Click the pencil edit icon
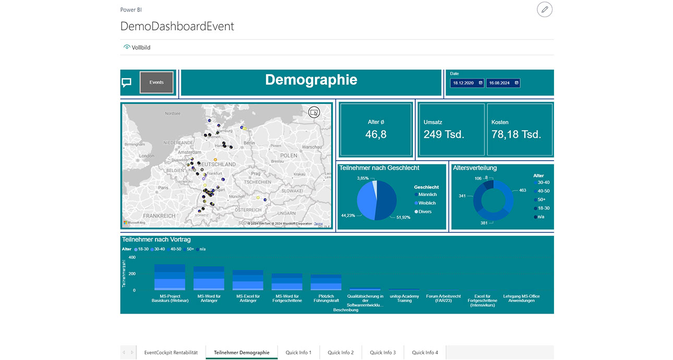pyautogui.click(x=544, y=9)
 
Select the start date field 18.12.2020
pyautogui.click(x=467, y=83)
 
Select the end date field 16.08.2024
pyautogui.click(x=503, y=83)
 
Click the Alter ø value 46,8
pyautogui.click(x=376, y=134)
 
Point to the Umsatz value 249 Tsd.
pyautogui.click(x=444, y=134)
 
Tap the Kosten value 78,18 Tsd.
pyautogui.click(x=516, y=134)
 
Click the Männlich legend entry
pyautogui.click(x=427, y=195)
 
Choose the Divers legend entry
pyautogui.click(x=425, y=212)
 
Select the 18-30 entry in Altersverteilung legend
pyautogui.click(x=543, y=208)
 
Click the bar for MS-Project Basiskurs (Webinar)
pyautogui.click(x=170, y=278)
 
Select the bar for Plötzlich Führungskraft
pyautogui.click(x=326, y=282)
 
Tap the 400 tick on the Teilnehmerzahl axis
pyautogui.click(x=132, y=257)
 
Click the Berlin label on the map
pyautogui.click(x=249, y=143)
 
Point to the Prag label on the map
pyautogui.click(x=255, y=173)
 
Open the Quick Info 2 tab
pyautogui.click(x=341, y=353)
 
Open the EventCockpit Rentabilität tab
pyautogui.click(x=171, y=353)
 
